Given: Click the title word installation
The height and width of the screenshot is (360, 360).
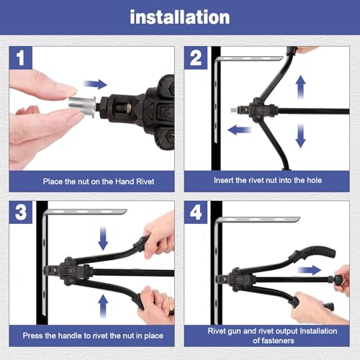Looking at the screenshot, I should tap(180, 17).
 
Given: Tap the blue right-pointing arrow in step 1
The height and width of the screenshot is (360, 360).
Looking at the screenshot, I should tap(94, 84).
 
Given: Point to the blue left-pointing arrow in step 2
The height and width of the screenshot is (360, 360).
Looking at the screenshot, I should tap(240, 130).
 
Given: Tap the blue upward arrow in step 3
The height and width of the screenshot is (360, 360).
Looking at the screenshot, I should tap(103, 307).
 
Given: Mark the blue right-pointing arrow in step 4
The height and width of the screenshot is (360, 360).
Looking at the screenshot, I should tap(310, 269).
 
